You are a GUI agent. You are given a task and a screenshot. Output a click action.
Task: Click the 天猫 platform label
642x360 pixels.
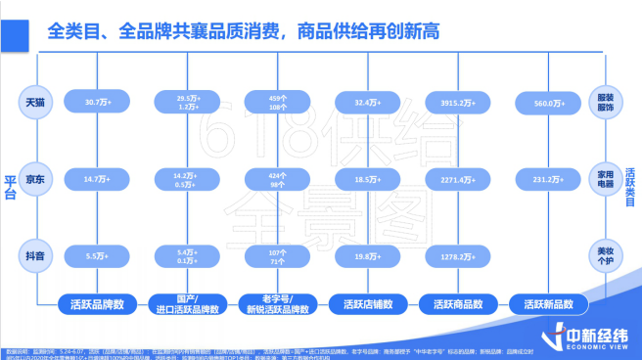35,102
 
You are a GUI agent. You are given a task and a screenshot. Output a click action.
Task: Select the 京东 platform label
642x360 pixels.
35,179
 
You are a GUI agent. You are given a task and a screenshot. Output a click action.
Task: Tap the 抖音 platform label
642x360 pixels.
35,255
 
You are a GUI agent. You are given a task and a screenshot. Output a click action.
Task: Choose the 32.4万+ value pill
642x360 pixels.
365,102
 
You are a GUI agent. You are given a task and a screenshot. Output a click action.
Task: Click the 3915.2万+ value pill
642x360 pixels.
455,102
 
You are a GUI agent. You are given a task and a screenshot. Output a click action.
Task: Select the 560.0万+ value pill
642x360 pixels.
546,102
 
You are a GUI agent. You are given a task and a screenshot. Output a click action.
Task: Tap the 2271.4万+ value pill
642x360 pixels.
455,179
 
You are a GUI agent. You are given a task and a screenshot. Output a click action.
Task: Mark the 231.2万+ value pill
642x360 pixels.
546,179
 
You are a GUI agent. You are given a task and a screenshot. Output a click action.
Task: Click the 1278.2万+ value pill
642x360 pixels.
455,256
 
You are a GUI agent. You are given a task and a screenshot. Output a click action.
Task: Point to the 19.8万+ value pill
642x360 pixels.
365,256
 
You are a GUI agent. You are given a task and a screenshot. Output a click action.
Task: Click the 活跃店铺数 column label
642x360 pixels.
365,303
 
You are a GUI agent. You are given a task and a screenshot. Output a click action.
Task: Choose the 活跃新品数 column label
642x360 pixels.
546,303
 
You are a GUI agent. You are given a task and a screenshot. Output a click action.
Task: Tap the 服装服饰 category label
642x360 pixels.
605,102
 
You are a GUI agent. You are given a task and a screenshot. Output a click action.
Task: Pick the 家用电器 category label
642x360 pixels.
605,179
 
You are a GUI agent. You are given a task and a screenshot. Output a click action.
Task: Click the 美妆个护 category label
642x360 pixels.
605,255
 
